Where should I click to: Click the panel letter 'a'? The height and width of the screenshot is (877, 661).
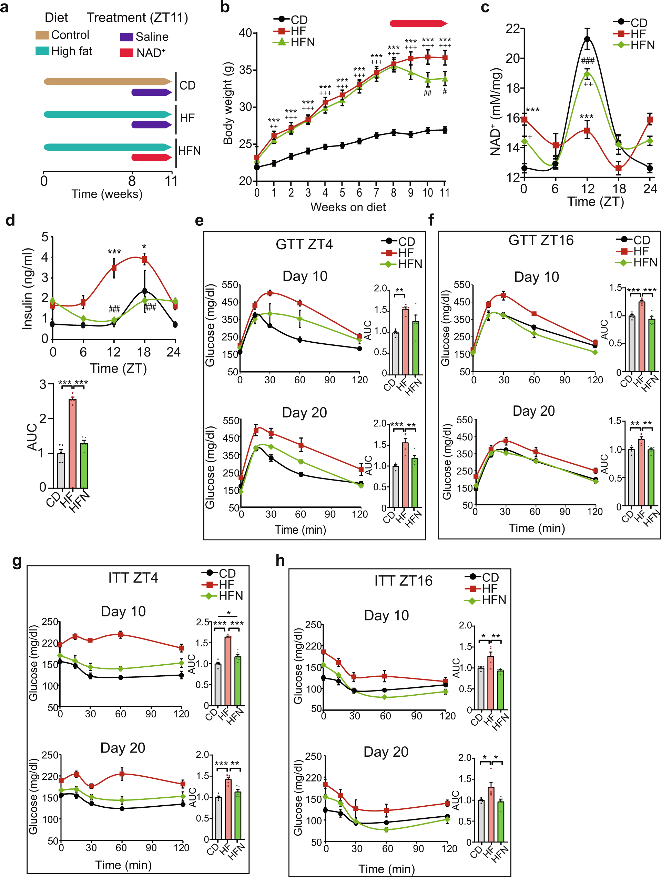(4, 7)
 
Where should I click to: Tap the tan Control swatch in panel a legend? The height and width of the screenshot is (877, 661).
(42, 35)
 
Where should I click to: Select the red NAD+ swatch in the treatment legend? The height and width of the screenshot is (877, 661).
(126, 52)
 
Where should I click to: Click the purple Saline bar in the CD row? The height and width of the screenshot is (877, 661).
(151, 92)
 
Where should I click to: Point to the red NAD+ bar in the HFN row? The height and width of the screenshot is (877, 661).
(151, 158)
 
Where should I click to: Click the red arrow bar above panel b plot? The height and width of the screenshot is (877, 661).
(418, 23)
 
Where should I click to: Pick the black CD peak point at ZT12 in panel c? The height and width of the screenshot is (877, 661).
(587, 39)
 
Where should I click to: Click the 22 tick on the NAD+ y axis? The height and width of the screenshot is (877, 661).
(513, 29)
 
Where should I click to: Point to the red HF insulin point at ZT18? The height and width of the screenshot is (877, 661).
(145, 260)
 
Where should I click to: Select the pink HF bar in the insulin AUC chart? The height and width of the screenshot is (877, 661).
(72, 443)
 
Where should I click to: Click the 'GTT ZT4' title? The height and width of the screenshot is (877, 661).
(304, 244)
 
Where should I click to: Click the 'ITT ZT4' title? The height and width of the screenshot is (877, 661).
(133, 578)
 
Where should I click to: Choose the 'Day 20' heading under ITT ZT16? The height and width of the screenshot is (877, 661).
(386, 752)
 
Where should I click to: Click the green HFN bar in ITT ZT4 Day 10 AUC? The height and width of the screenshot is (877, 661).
(238, 681)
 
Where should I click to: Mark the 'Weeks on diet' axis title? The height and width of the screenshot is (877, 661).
(348, 207)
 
